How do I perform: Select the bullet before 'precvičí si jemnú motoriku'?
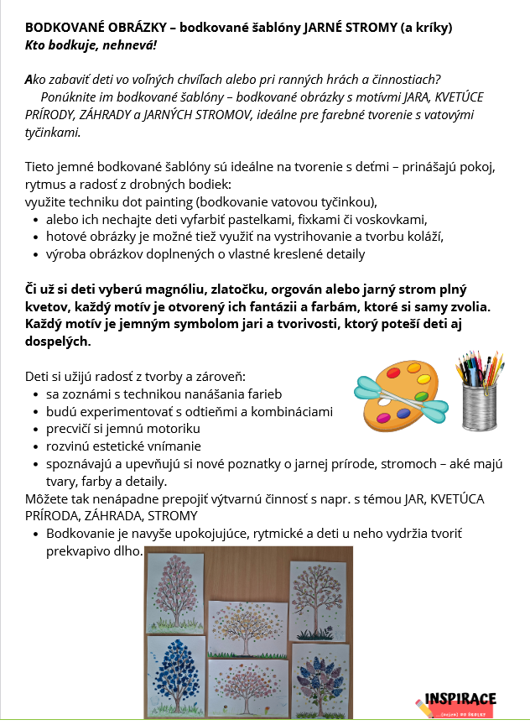pos(34,429)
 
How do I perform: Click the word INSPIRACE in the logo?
pos(460,698)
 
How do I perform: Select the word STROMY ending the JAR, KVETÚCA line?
pos(173,515)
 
